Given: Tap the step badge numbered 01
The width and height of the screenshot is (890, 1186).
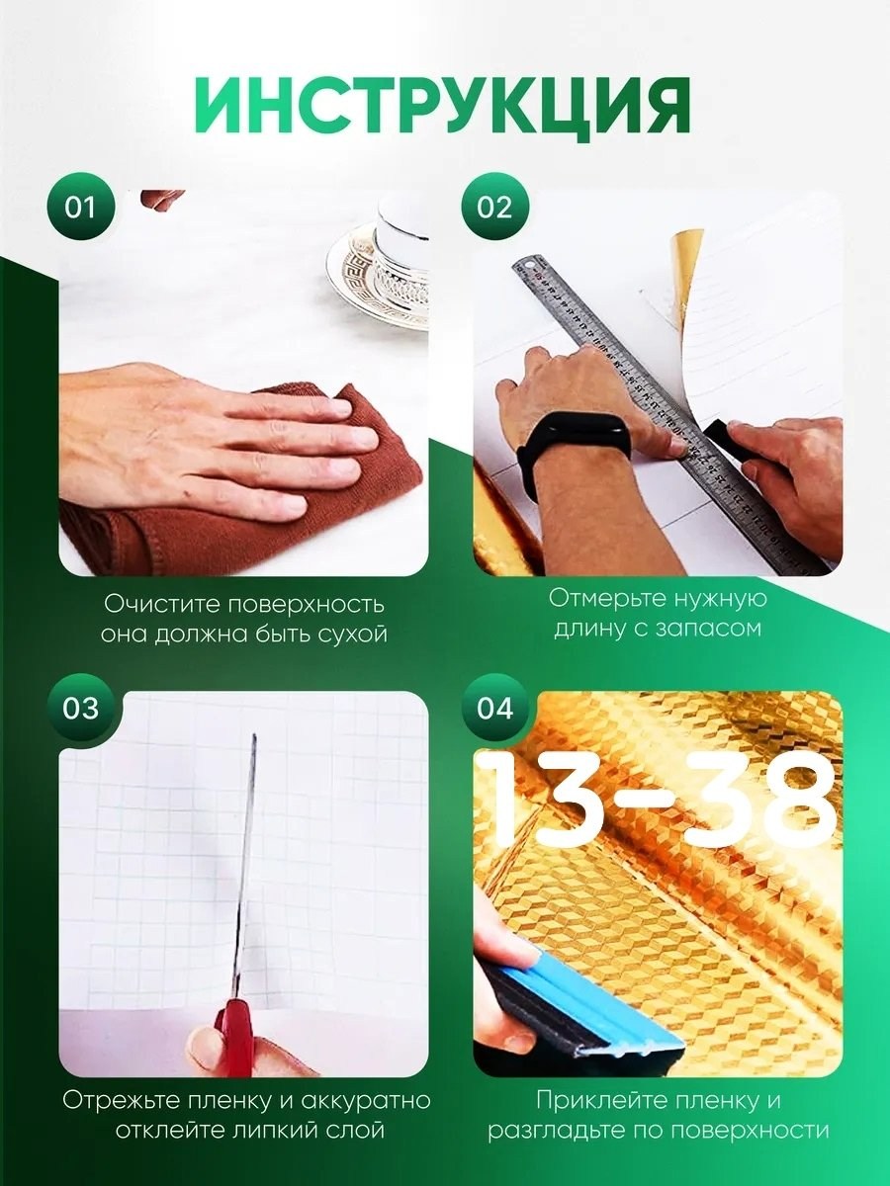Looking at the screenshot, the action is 80,207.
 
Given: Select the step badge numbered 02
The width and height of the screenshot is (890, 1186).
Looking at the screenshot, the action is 494,207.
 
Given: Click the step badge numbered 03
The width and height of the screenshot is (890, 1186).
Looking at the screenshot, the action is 80,708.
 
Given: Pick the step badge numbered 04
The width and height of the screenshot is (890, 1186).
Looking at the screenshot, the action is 494,708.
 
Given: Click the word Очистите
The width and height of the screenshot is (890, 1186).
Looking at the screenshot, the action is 160,604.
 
